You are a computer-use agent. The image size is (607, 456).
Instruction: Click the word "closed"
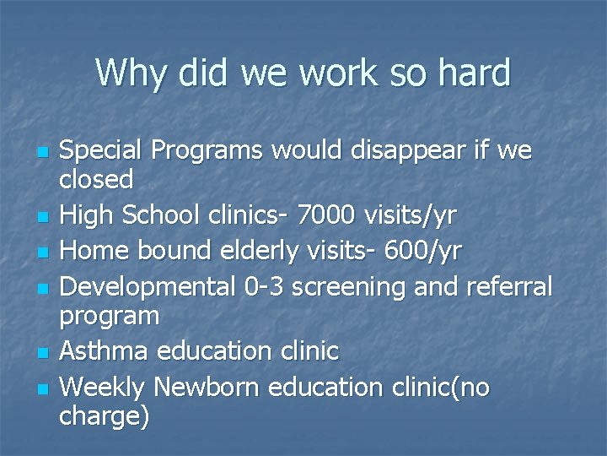click(97, 179)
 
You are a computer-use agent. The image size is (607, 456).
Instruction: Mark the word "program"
click(110, 317)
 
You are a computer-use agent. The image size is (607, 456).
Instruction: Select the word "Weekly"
click(103, 387)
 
